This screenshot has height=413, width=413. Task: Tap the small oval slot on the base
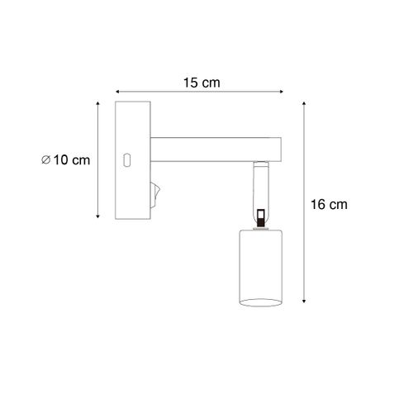(x=128, y=159)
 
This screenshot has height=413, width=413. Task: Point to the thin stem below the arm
(x=259, y=186)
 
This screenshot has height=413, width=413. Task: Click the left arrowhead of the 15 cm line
(x=116, y=92)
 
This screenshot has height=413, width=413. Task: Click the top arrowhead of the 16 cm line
(x=305, y=104)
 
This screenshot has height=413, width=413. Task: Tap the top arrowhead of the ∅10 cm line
(x=99, y=104)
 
